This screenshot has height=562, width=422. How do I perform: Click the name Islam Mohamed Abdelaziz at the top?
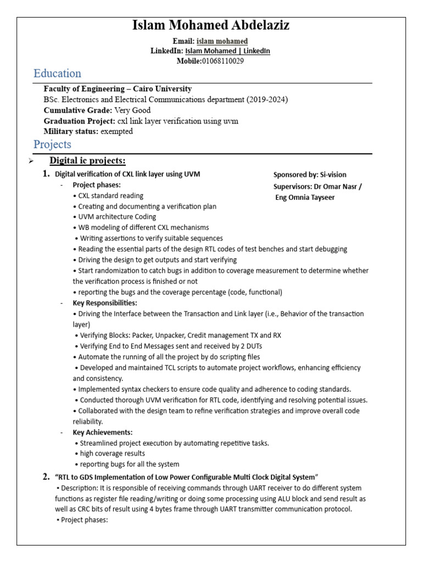pos(211,26)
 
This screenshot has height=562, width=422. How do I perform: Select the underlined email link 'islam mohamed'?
pos(222,41)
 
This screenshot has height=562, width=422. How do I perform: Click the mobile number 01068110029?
pos(223,61)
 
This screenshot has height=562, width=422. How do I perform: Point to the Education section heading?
pos(57,74)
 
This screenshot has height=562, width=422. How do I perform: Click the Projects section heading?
pos(52,144)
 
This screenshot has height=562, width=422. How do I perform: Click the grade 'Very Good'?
pos(132,110)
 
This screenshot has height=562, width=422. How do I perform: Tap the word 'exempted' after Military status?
pos(116,131)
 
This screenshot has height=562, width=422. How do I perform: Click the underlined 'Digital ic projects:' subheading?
pos(88,160)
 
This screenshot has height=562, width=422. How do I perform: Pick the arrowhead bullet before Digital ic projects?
pos(31,161)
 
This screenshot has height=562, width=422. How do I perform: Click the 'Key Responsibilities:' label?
pos(105,303)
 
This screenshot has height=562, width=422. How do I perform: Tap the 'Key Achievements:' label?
pos(103,432)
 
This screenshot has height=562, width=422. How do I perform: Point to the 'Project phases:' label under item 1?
pos(97,185)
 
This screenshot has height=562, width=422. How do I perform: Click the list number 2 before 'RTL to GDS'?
pos(46,476)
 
